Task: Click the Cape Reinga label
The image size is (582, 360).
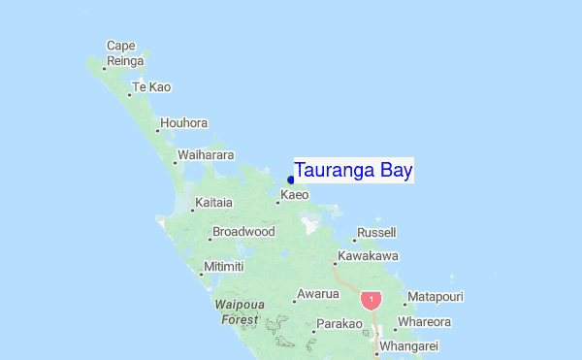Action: point(123,53)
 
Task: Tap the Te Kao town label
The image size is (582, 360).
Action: point(151,87)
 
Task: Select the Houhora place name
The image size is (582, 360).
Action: point(184,123)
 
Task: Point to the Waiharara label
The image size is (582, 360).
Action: point(204,155)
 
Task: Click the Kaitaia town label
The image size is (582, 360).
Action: point(213,203)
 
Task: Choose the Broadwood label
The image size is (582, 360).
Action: point(243,232)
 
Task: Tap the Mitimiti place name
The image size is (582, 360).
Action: point(223,267)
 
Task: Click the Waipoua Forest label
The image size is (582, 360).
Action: point(238,311)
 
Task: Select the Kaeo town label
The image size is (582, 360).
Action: point(294,195)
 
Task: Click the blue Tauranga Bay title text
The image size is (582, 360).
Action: point(354,171)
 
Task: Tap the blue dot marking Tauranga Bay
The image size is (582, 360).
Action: point(291,180)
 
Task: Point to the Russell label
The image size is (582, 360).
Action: point(376,233)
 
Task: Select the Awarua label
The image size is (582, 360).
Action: point(318,294)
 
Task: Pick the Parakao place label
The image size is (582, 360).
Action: point(339,323)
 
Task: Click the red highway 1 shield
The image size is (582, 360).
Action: point(371,300)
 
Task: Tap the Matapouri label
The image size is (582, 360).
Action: point(436,296)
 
